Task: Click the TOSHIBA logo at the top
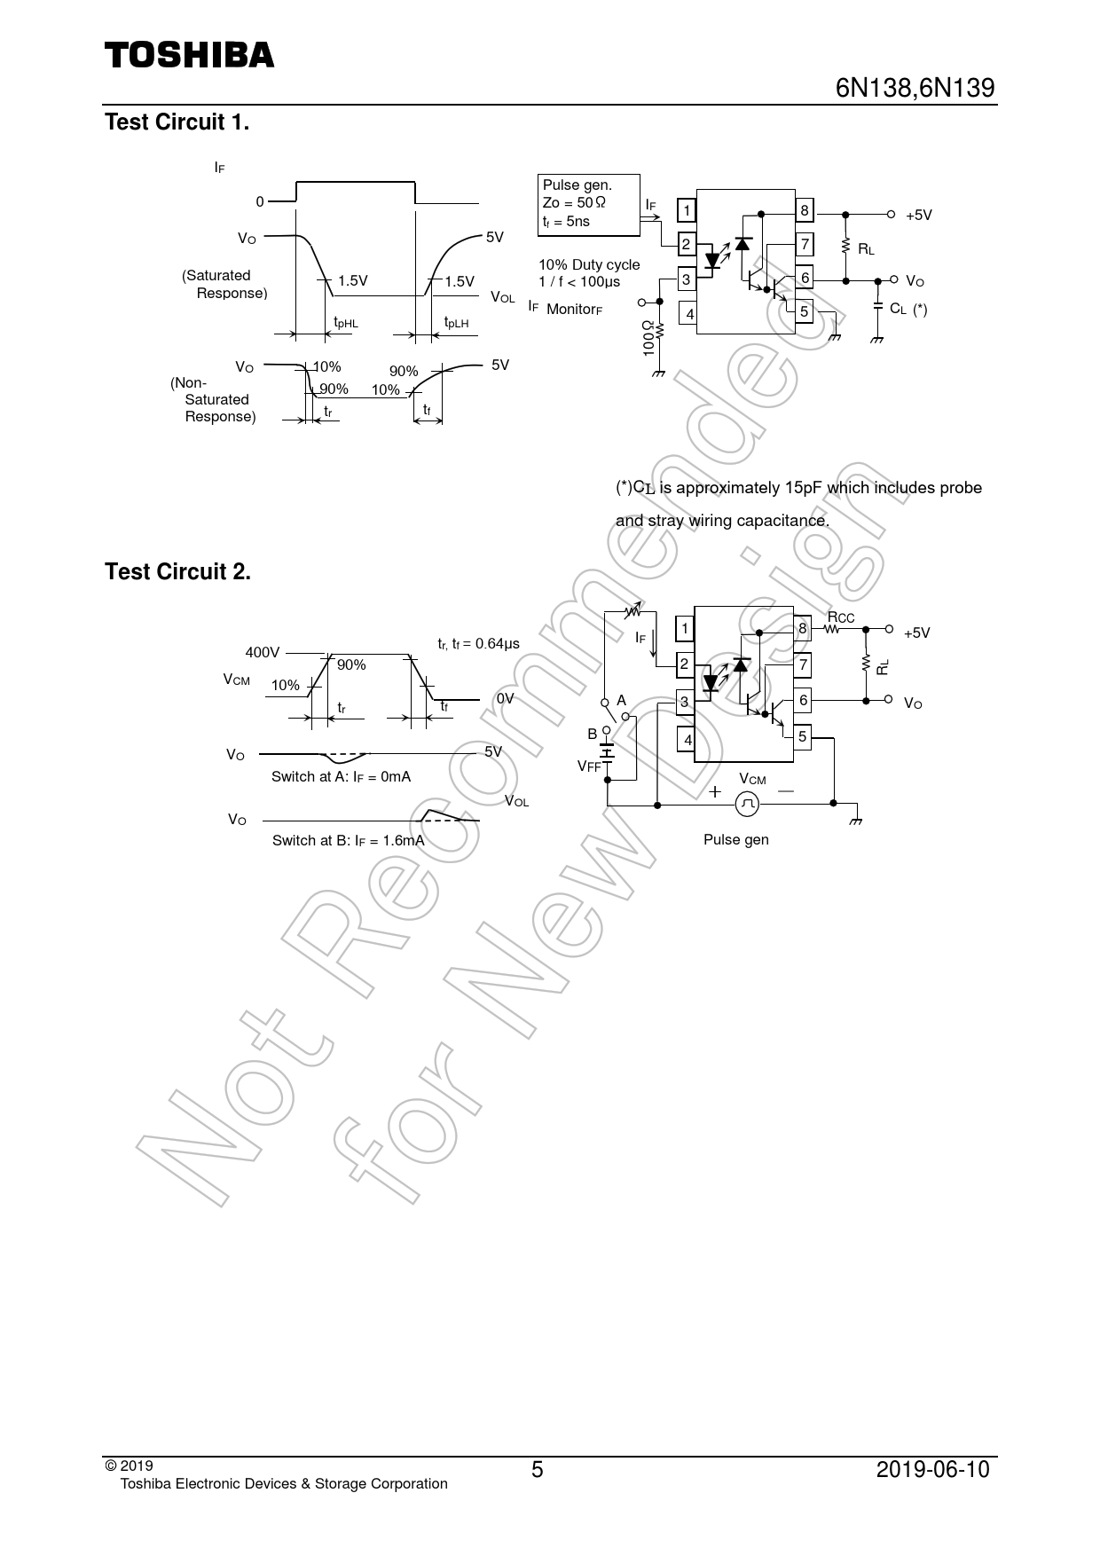point(190,55)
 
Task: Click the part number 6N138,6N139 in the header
point(915,89)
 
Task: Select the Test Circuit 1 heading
point(177,122)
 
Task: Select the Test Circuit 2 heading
point(178,572)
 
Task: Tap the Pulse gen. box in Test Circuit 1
point(589,205)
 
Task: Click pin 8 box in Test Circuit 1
point(805,210)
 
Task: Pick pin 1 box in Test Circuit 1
point(687,211)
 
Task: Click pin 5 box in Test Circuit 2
point(802,736)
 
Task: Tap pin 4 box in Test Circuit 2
point(686,739)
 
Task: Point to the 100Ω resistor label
point(648,338)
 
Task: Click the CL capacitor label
point(898,309)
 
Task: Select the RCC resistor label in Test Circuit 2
point(841,617)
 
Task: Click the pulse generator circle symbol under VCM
point(748,804)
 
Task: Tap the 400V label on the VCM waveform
point(263,653)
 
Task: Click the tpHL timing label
point(346,324)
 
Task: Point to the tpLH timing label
point(456,324)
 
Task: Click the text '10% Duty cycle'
point(589,264)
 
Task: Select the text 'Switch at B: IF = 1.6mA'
point(349,841)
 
